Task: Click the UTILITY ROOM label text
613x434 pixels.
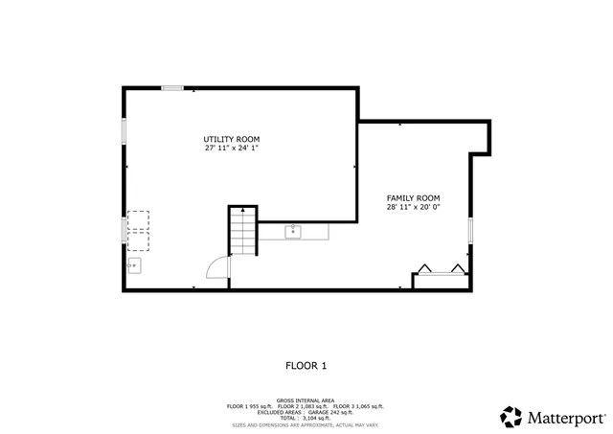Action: point(232,139)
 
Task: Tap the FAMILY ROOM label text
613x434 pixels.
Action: point(413,197)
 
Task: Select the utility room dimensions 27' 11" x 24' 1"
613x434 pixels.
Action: point(232,148)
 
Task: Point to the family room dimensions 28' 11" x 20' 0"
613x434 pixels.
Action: point(413,207)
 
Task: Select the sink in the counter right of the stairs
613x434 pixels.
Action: point(292,231)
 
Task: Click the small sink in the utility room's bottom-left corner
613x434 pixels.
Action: point(135,265)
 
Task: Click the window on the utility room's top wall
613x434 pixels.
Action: point(172,88)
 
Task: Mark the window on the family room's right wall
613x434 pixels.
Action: point(470,231)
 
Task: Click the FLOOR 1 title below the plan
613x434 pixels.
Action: point(306,365)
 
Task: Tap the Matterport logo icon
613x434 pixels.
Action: point(511,417)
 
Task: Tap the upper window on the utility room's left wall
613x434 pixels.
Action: point(124,131)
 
